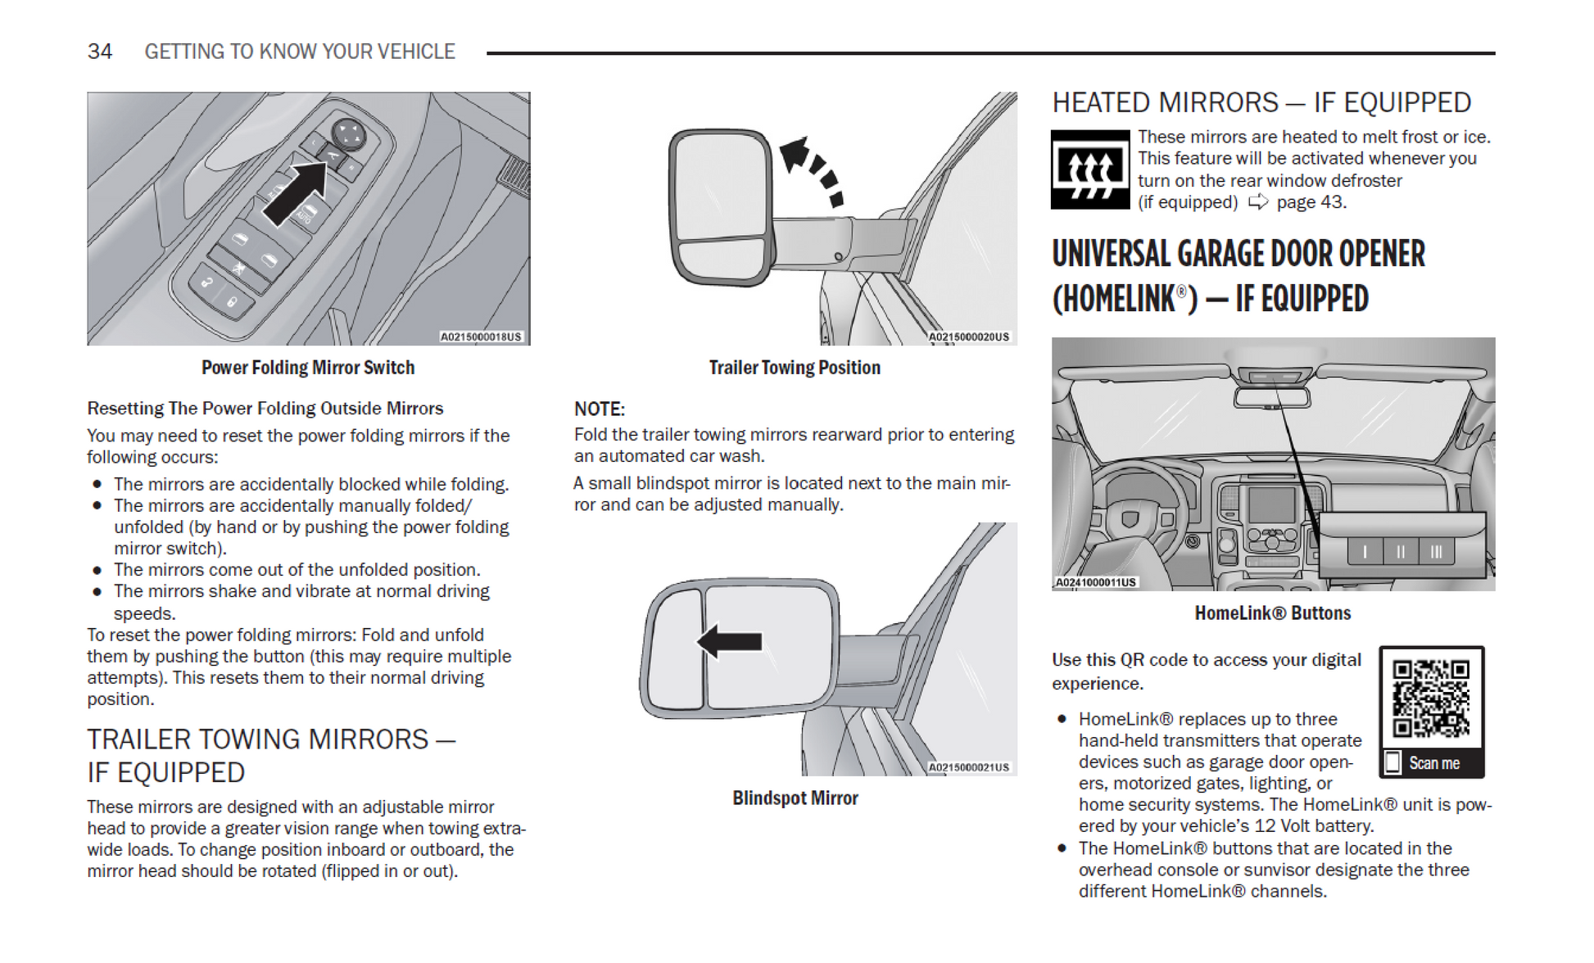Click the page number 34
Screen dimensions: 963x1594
click(x=100, y=52)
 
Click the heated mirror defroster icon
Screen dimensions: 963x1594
click(x=1090, y=170)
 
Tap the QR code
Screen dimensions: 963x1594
click(x=1431, y=699)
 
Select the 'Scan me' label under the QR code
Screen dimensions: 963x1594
click(x=1433, y=763)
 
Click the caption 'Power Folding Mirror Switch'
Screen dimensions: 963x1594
click(x=308, y=368)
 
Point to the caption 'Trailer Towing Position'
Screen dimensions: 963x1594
click(x=795, y=368)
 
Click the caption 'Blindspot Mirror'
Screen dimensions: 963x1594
click(x=795, y=798)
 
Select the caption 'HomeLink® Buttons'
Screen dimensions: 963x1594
click(x=1272, y=613)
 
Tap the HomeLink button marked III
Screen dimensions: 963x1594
click(x=1436, y=552)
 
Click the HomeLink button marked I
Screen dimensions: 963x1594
click(x=1365, y=552)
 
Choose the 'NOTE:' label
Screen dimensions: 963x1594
click(x=599, y=409)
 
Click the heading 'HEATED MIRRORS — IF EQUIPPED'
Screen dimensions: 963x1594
click(x=1261, y=103)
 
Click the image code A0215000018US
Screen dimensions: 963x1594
click(x=481, y=337)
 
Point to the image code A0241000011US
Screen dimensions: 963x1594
click(x=1095, y=582)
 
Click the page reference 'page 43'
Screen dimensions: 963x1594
click(x=1311, y=202)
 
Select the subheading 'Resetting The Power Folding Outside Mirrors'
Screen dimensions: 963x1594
click(x=265, y=409)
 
